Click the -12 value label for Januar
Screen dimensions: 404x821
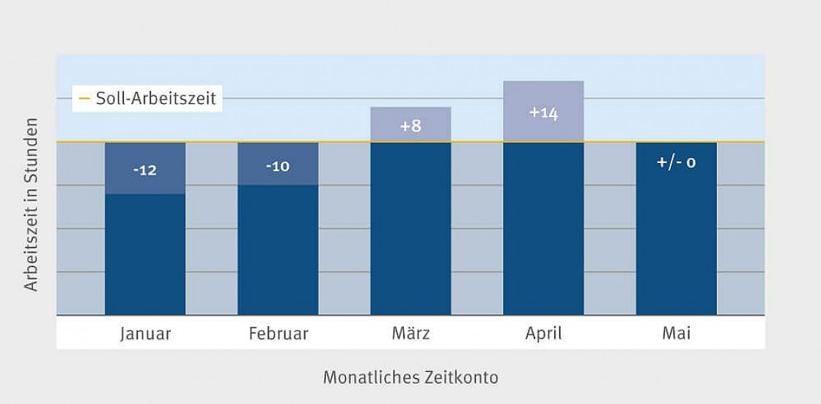(x=145, y=170)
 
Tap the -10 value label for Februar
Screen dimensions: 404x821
(x=278, y=167)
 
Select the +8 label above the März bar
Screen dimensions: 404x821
(x=410, y=126)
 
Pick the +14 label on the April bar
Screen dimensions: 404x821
(x=543, y=113)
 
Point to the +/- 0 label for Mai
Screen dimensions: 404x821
(x=676, y=162)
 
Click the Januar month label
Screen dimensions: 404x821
(x=145, y=334)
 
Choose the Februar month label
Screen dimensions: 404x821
(x=279, y=334)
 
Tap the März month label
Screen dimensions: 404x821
(x=410, y=334)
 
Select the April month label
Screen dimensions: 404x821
(x=543, y=334)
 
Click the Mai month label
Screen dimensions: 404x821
(x=676, y=334)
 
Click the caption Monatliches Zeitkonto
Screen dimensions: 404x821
(x=410, y=378)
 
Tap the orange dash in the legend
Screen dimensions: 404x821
(x=84, y=98)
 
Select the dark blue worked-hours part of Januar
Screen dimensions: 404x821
(x=145, y=255)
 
